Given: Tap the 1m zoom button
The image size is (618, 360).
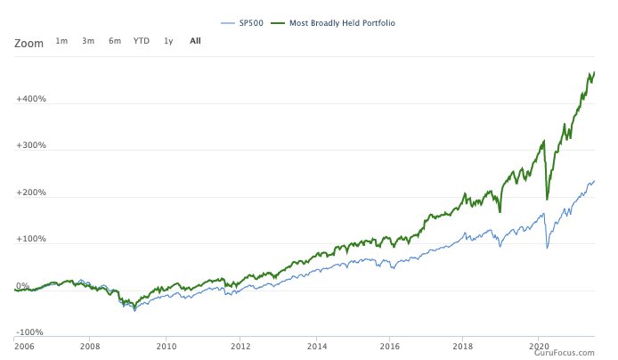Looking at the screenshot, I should [x=61, y=41].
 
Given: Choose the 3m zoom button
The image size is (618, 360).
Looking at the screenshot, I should [x=88, y=41].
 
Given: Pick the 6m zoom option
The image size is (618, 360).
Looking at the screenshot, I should [x=115, y=41].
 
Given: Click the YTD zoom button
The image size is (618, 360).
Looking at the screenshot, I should [x=142, y=41].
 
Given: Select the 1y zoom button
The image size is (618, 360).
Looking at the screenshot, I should [x=168, y=41].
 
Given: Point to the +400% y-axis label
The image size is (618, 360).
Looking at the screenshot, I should [x=31, y=99].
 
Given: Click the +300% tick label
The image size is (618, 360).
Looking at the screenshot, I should [x=31, y=145].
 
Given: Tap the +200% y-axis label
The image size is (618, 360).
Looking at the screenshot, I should [x=31, y=192].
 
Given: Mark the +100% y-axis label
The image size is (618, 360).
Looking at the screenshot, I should [x=31, y=240].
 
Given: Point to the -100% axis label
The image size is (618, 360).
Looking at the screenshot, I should [x=31, y=332].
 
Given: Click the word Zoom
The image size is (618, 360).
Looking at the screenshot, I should [x=28, y=42].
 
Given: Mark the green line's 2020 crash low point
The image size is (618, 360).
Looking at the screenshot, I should [x=547, y=199].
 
